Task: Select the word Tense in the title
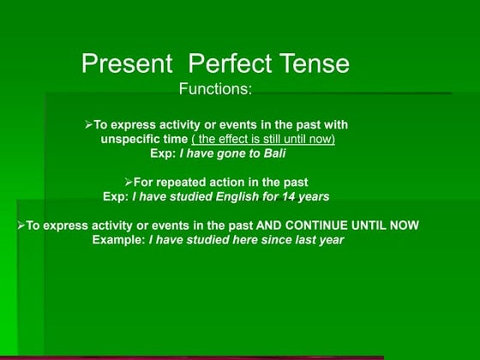[x=315, y=63]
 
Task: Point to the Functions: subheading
[x=217, y=88]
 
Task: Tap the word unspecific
[x=133, y=139]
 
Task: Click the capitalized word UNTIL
[x=368, y=225]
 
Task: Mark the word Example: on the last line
[x=118, y=240]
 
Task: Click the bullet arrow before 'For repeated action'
[x=128, y=182]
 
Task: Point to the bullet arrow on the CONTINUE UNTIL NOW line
[x=21, y=225]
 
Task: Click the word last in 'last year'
[x=301, y=240]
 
